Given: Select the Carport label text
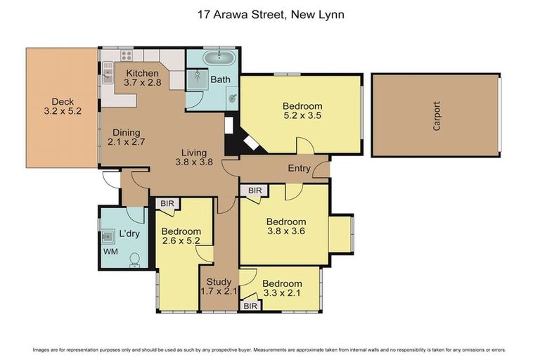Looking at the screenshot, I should click(x=437, y=115).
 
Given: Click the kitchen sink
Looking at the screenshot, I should click(x=108, y=72).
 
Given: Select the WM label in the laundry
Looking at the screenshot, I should click(x=110, y=251).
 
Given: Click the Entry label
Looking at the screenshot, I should click(x=300, y=169).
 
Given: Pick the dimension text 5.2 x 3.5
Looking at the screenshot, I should click(x=302, y=117).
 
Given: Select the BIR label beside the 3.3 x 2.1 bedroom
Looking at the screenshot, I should click(x=250, y=307).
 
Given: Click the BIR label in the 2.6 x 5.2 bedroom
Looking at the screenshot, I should click(x=167, y=204).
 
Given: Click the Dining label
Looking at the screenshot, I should click(x=124, y=132).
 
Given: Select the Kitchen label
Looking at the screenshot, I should click(x=142, y=73).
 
